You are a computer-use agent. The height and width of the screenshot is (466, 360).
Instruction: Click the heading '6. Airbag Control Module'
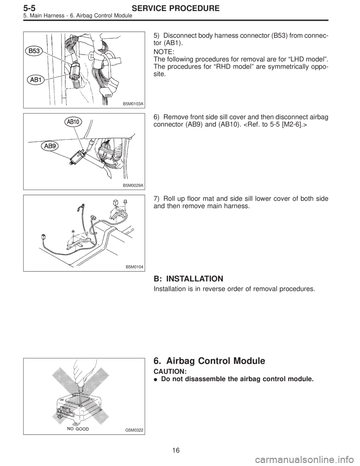click(x=210, y=361)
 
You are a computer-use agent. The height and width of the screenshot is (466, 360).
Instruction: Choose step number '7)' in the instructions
click(x=157, y=199)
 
